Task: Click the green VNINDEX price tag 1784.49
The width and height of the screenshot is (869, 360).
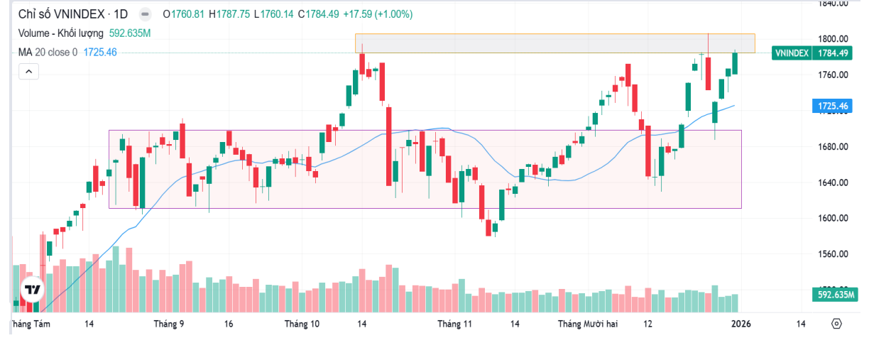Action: pyautogui.click(x=811, y=53)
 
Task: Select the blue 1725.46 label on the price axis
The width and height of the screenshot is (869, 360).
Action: pyautogui.click(x=833, y=107)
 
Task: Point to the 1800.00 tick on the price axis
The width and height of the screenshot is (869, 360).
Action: pyautogui.click(x=833, y=39)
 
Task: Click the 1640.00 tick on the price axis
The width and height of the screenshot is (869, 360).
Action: pyautogui.click(x=833, y=182)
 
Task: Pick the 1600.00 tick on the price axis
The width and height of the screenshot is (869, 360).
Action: pyautogui.click(x=833, y=218)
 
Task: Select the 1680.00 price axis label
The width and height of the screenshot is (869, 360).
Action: pyautogui.click(x=833, y=147)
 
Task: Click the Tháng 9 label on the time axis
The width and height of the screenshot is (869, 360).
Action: pyautogui.click(x=169, y=324)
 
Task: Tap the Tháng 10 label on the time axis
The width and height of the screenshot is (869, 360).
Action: pyautogui.click(x=302, y=324)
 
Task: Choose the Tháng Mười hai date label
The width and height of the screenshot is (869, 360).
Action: pyautogui.click(x=588, y=324)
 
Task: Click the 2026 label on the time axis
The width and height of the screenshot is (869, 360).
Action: pyautogui.click(x=741, y=324)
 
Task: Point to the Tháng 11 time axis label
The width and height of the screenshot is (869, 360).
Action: pyautogui.click(x=454, y=324)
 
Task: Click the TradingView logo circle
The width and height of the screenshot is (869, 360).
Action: pyautogui.click(x=32, y=290)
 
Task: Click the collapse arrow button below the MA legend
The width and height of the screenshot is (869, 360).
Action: pyautogui.click(x=28, y=71)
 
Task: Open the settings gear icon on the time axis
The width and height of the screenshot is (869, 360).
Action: pyautogui.click(x=836, y=324)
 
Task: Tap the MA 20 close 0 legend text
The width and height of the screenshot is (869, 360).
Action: pyautogui.click(x=48, y=52)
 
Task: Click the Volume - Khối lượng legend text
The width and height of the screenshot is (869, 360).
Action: pyautogui.click(x=61, y=33)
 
